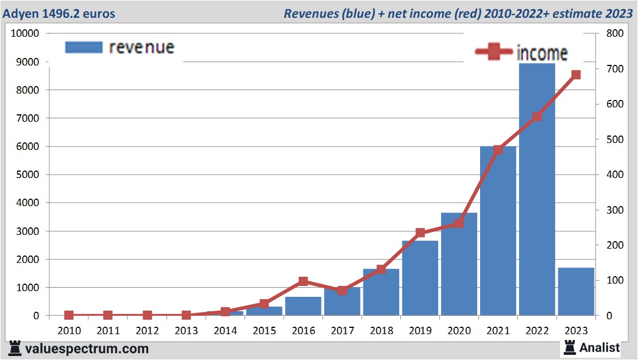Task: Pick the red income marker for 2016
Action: pos(303,281)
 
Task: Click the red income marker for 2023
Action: pos(576,75)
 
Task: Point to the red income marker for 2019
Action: pos(420,233)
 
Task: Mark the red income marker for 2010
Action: pos(69,315)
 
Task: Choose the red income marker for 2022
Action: pos(537,117)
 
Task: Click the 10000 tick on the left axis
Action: pos(25,33)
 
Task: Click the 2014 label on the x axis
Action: pos(225,331)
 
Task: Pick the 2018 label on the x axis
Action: pos(381,331)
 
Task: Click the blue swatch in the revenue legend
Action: pos(84,47)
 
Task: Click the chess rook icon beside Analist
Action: pos(570,347)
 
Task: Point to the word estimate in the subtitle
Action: pos(579,13)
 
